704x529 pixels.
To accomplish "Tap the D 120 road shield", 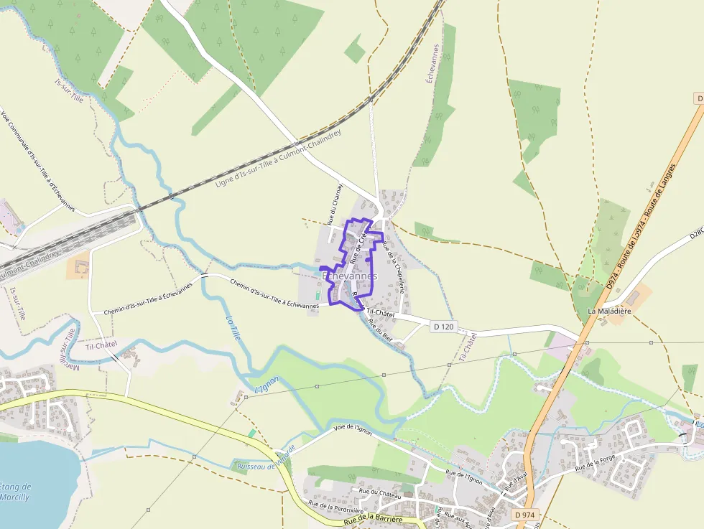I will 444,327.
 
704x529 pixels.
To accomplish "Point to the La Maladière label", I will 609,311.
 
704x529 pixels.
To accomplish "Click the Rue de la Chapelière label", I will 394,266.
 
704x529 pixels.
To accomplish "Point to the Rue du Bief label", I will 380,329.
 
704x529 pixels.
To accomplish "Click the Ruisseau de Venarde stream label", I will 266,459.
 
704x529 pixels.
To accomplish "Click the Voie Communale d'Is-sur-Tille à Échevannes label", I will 37,161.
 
